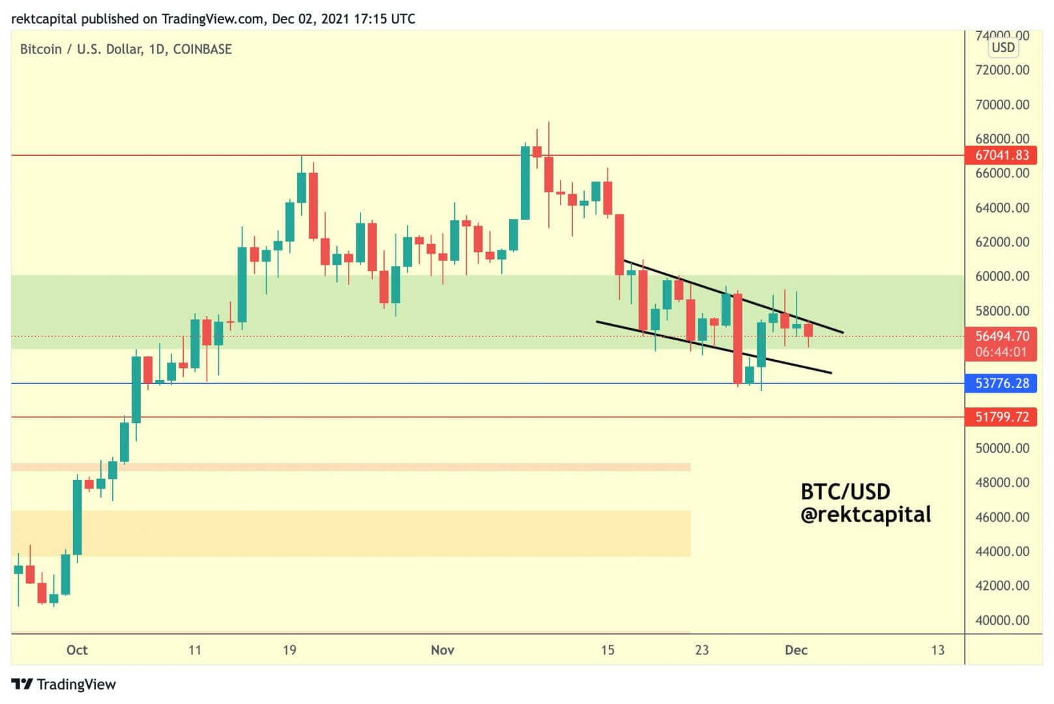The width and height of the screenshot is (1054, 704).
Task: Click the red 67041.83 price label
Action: coord(1001,155)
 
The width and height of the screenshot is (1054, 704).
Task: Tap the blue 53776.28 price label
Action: coord(1001,383)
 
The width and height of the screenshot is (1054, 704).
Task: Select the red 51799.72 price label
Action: coord(1001,417)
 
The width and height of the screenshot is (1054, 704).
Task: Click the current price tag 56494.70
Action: coord(1001,336)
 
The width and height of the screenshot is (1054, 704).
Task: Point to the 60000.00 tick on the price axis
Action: coord(1002,276)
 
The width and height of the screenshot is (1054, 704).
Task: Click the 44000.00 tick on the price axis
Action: coord(1002,551)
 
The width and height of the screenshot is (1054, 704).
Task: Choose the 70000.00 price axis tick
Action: coord(1002,104)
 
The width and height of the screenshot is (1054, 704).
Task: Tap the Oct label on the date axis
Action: coord(77,650)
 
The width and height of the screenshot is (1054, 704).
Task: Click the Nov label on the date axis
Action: coord(443,650)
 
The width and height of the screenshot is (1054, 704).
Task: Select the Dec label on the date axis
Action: coord(796,650)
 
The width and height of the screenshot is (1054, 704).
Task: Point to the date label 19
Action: coord(289,650)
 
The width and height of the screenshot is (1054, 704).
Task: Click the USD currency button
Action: coord(1003,48)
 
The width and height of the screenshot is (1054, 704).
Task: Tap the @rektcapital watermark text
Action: coord(866,515)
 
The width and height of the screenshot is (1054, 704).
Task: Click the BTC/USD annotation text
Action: coord(845,491)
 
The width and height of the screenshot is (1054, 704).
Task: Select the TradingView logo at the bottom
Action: coord(64,684)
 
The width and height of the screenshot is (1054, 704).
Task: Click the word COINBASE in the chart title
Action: coord(202,50)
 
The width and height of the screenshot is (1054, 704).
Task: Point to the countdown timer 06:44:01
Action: coord(1001,352)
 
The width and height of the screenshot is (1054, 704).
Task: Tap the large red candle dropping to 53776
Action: coord(738,339)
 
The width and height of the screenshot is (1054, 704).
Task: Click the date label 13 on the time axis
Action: coord(937,650)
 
